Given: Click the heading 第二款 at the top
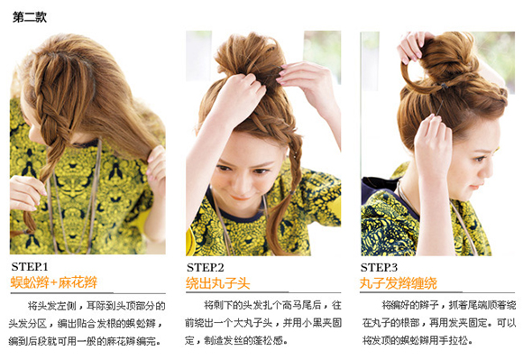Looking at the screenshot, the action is coord(30,16).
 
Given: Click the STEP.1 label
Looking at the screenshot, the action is coord(30,266).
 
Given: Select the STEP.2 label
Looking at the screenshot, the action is coord(205,267).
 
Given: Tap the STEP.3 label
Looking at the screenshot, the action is coord(379,267).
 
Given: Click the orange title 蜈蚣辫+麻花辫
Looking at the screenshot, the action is coord(54,282).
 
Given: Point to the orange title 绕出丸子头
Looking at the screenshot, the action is coord(218,283).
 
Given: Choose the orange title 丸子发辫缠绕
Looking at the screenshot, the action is coord(399,283).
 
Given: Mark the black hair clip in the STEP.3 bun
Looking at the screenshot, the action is coord(444,86).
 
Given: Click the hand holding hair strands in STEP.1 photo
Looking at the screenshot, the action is coord(157,167).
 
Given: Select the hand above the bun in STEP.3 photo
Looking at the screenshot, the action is coord(412,46).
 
